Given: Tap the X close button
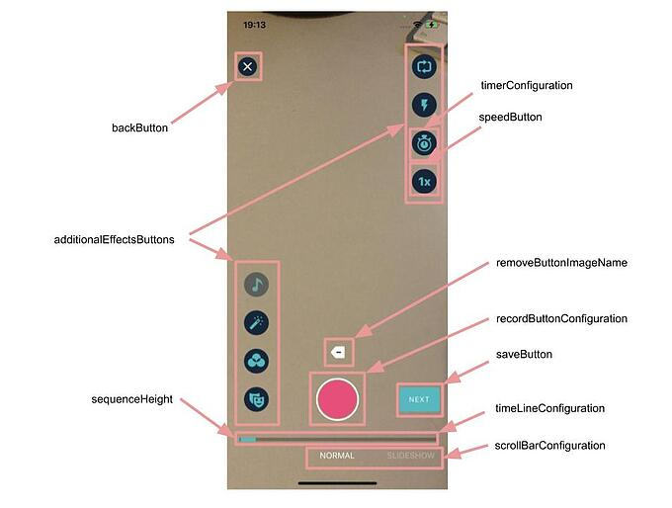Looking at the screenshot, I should [247, 66].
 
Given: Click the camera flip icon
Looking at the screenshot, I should [425, 66].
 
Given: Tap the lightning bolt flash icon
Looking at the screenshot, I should [425, 105].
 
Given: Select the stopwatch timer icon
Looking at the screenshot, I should [425, 143].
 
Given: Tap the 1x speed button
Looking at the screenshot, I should [425, 182].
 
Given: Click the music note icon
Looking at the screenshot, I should [257, 285].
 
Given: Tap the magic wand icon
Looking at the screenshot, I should [257, 323].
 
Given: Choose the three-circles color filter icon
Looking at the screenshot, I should [257, 362].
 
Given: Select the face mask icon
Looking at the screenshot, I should [257, 399].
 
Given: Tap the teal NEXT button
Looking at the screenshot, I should [419, 399].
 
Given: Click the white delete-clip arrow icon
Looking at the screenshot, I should [338, 351].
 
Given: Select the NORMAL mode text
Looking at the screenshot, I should [337, 457].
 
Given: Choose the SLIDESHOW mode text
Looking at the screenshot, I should [410, 457].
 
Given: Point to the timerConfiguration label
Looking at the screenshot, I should [527, 86].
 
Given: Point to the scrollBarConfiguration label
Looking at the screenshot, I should [549, 446].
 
